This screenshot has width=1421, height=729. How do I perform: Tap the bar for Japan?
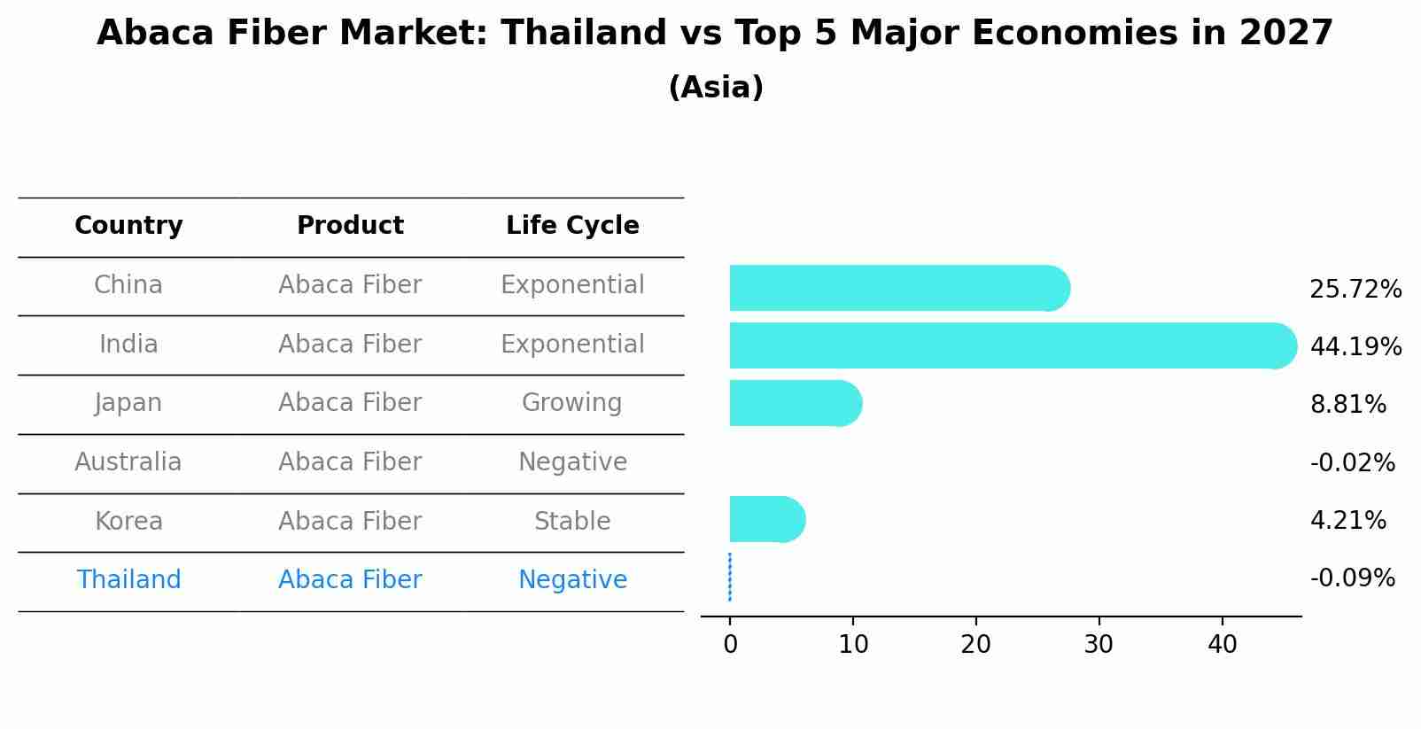(793, 403)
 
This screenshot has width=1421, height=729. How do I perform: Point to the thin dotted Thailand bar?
(730, 578)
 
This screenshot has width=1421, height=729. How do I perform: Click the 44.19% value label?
(1355, 346)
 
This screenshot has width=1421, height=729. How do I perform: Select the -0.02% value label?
(1352, 462)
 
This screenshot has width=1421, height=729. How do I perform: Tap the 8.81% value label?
(1347, 405)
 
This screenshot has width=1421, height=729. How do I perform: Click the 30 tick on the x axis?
(1099, 645)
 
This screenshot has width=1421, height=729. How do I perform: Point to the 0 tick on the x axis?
(730, 645)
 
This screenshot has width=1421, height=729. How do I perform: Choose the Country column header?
(128, 226)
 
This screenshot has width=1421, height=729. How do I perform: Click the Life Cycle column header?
(572, 226)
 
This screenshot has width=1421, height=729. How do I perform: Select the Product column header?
(350, 226)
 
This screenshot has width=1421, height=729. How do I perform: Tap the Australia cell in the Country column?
(128, 462)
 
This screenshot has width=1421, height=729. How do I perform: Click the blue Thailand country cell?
(128, 580)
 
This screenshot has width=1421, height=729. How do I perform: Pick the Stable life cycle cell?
(572, 521)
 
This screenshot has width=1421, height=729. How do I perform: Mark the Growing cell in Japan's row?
(572, 403)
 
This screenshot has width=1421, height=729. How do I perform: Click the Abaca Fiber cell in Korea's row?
(350, 521)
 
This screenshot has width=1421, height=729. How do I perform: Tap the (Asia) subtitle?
(716, 88)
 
